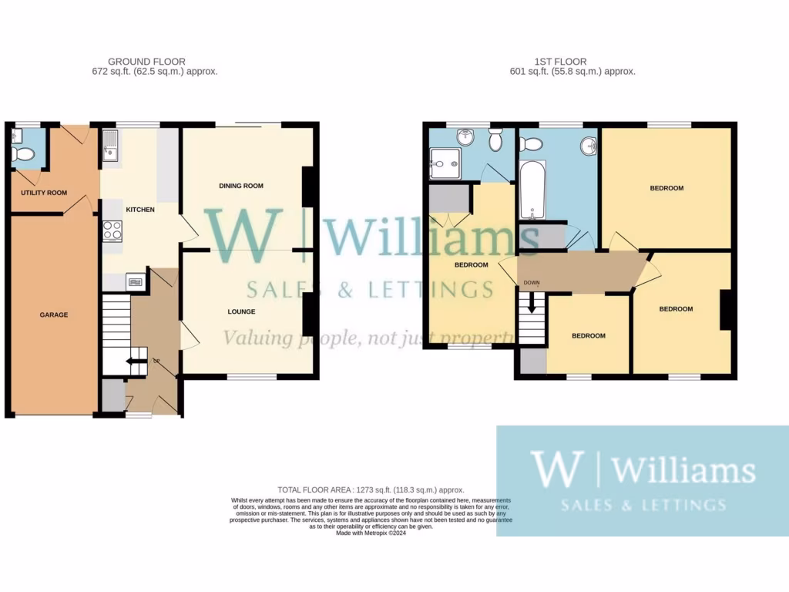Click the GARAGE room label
(x=54, y=314)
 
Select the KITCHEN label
(x=140, y=210)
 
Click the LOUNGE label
(x=241, y=311)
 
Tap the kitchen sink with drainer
(x=109, y=147)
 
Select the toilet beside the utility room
(x=24, y=153)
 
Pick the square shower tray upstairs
(x=444, y=160)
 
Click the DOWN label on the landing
(x=532, y=283)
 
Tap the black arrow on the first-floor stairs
(x=531, y=306)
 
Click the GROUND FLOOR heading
(x=146, y=62)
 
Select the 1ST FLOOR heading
(x=560, y=62)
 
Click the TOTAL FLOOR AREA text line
(x=371, y=489)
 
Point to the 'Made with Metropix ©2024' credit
(x=371, y=532)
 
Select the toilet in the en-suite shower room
(x=495, y=140)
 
